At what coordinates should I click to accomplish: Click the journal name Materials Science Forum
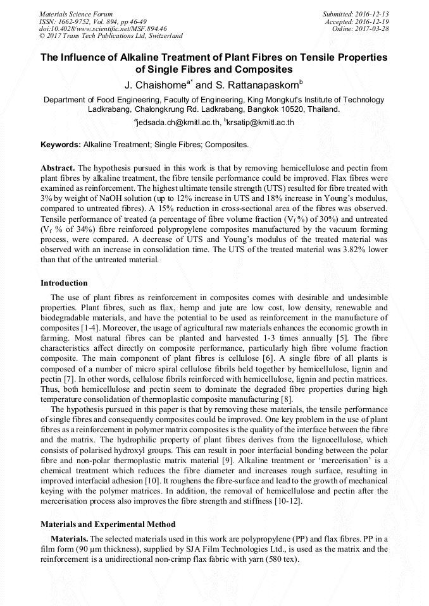76,14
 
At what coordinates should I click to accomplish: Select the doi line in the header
103,29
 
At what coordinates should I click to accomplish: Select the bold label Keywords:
61,145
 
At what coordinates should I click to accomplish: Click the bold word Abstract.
58,168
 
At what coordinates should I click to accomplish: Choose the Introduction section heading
64,282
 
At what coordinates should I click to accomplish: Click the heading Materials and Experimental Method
108,524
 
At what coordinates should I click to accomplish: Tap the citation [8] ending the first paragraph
286,399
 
